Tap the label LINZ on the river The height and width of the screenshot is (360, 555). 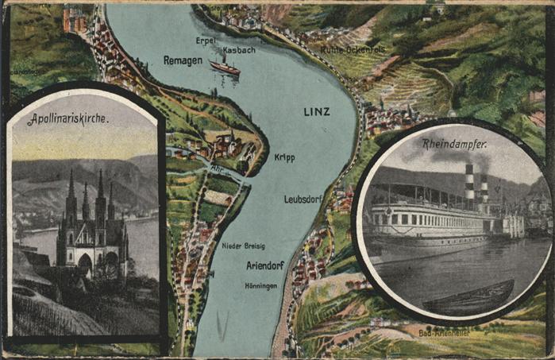click(x=317, y=111)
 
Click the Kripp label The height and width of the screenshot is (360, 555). click(x=284, y=157)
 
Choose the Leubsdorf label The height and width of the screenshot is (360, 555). click(x=303, y=199)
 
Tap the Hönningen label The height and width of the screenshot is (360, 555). click(x=261, y=285)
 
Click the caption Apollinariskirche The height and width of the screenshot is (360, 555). click(x=67, y=120)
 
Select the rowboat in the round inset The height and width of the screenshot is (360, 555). click(x=468, y=299)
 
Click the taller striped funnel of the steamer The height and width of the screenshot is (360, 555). click(x=469, y=184)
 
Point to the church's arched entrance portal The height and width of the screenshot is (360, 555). click(x=84, y=263)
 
